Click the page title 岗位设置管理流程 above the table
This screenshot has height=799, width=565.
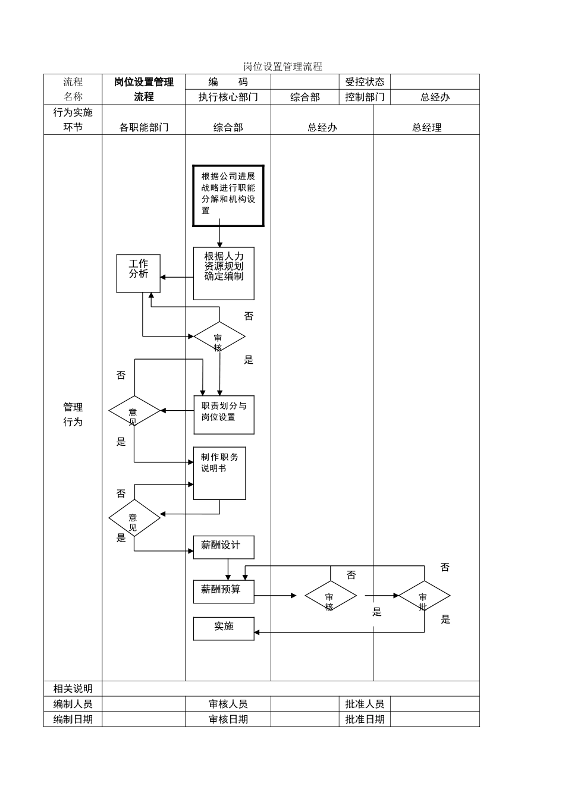282,67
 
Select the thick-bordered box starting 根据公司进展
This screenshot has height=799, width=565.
228,196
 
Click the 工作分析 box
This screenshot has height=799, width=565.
139,273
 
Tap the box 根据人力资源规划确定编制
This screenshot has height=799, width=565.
224,273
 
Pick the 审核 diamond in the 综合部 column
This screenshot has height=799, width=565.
219,337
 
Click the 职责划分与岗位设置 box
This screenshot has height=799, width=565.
224,414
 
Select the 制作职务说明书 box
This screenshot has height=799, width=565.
219,473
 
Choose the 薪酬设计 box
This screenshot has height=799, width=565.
224,547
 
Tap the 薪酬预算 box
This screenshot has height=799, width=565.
224,592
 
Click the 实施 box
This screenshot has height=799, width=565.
224,628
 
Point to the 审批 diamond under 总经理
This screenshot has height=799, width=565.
424,596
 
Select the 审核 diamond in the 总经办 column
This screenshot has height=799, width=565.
331,596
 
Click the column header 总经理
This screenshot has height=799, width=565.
426,127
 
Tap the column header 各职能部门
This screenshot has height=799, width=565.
144,127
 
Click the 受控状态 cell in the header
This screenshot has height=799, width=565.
365,82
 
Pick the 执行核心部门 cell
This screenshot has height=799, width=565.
228,97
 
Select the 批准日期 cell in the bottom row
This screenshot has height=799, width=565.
365,719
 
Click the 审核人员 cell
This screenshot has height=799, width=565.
228,704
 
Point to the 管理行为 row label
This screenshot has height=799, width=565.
73,414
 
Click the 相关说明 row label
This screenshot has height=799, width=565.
73,688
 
